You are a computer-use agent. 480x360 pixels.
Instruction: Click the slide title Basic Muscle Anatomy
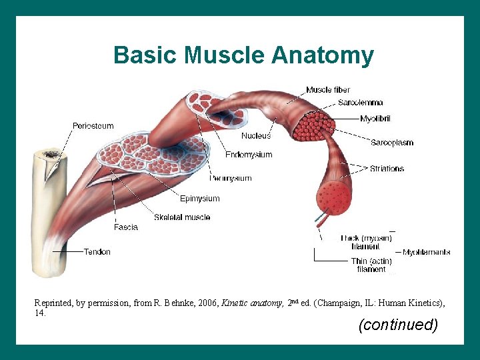click(x=243, y=55)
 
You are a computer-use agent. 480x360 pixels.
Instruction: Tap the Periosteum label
click(x=93, y=126)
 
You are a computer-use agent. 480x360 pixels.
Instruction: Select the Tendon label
click(x=97, y=252)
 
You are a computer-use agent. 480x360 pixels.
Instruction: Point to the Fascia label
click(x=126, y=227)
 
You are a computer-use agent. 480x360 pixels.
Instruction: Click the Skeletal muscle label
click(x=182, y=217)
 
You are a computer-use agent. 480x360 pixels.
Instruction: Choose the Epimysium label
click(x=199, y=198)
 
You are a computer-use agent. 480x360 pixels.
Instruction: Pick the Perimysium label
click(x=230, y=178)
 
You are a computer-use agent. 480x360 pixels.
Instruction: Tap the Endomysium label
click(x=249, y=155)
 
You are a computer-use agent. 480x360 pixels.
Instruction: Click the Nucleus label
click(x=256, y=136)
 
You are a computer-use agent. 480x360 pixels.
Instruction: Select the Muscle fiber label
click(x=328, y=90)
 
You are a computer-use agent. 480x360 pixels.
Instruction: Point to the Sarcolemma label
click(x=360, y=103)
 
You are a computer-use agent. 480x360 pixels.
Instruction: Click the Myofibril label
click(x=375, y=119)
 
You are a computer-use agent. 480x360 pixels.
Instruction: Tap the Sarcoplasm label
click(x=392, y=143)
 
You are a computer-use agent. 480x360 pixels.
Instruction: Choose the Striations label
click(x=387, y=169)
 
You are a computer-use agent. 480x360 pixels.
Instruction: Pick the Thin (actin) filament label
click(x=371, y=265)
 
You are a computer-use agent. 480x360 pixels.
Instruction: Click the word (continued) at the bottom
click(x=398, y=325)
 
